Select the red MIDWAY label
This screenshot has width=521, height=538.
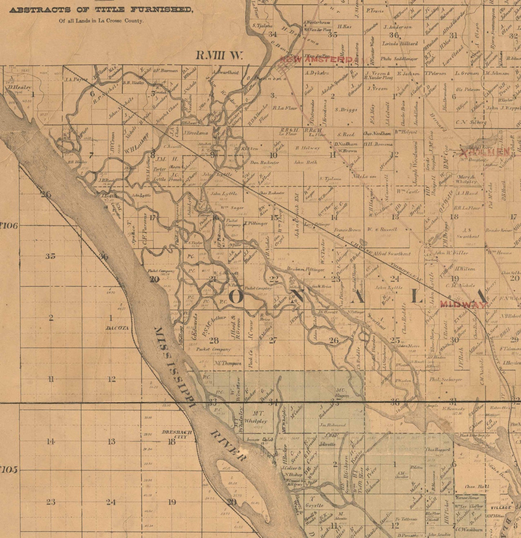[463, 304]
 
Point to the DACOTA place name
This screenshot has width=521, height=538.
[117, 328]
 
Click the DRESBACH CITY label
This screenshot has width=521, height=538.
[177, 434]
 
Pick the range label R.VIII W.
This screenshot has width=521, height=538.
[219, 56]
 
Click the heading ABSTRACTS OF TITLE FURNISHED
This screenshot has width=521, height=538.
[101, 10]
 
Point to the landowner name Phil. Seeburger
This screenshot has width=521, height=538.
[446, 379]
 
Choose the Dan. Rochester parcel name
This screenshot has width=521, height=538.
[265, 162]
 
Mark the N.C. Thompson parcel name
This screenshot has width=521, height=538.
[228, 363]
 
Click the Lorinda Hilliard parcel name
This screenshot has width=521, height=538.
[400, 44]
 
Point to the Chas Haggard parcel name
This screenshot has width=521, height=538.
[437, 449]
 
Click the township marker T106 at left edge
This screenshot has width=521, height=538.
[9, 226]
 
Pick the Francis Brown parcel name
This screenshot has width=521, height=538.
[347, 230]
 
